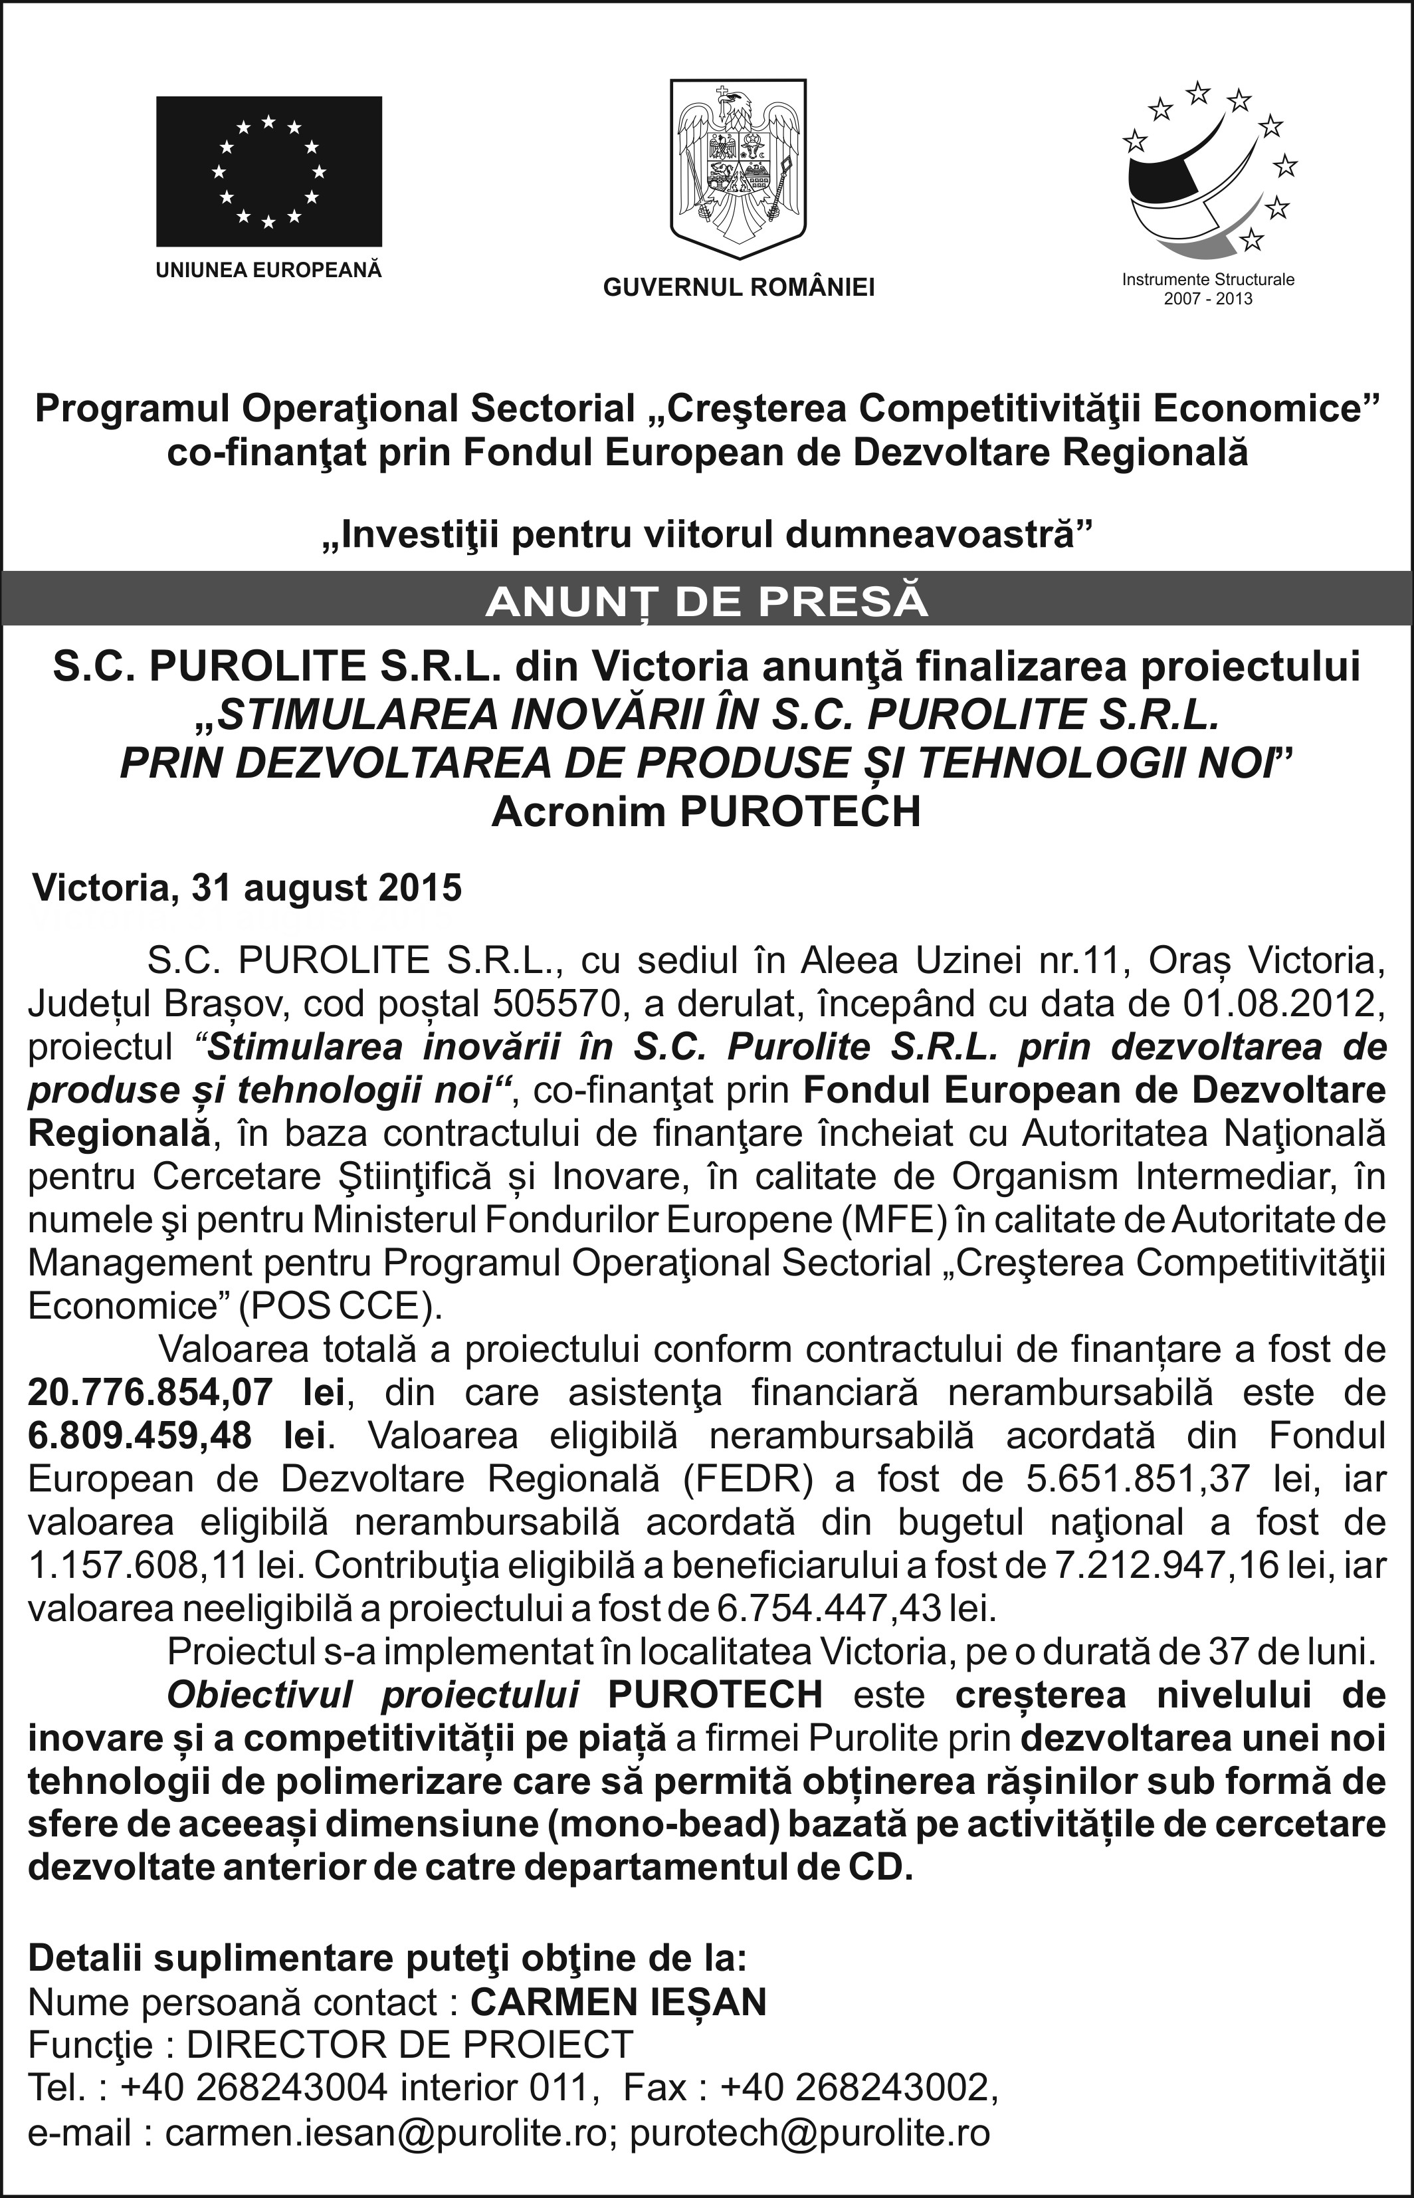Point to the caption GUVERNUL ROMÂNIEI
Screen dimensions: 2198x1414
point(738,288)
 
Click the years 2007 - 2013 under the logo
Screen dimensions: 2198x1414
point(1207,299)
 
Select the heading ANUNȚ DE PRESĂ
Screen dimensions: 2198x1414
point(706,602)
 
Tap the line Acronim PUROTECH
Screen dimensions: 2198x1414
point(706,812)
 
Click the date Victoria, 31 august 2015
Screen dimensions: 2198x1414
point(247,888)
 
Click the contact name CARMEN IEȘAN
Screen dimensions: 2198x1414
point(618,2003)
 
